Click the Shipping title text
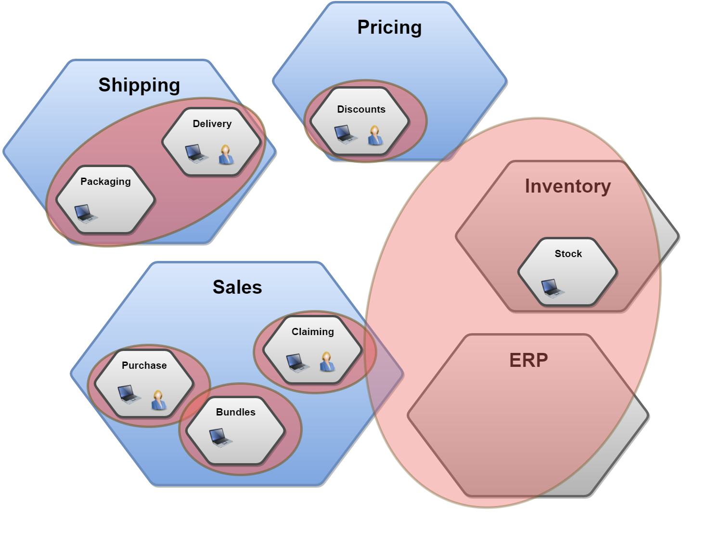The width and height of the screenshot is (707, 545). [x=139, y=85]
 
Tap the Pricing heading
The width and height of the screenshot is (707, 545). [x=389, y=27]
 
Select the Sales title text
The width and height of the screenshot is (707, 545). [x=237, y=287]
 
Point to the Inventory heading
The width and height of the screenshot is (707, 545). [x=568, y=186]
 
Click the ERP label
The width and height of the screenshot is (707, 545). [x=528, y=360]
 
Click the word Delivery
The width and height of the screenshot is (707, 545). [x=212, y=124]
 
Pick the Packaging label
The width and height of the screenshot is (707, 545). [x=105, y=182]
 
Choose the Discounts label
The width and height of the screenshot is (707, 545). [x=361, y=109]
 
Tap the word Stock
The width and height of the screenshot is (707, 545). [x=568, y=254]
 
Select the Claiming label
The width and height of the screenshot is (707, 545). [x=312, y=332]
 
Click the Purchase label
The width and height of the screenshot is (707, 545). [x=144, y=365]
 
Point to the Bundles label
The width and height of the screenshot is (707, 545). [x=235, y=412]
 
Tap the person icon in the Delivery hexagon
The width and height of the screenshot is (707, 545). [x=226, y=155]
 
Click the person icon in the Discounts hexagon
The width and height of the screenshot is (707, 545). [x=375, y=135]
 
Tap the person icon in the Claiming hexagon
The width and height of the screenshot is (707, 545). [x=327, y=362]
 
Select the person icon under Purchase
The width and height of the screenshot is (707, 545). [x=158, y=400]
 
